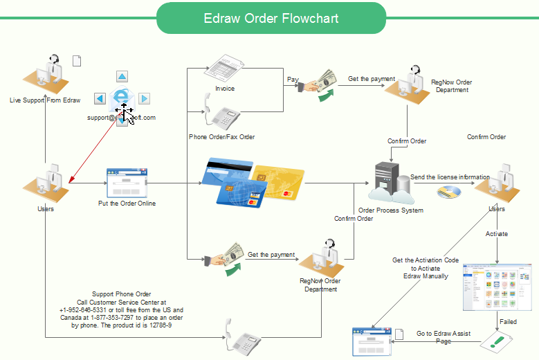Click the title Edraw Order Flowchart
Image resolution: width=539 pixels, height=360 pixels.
pos(271,18)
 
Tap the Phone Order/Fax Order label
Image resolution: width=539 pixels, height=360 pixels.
pos(221,137)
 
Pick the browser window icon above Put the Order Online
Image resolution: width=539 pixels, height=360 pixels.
pos(127,182)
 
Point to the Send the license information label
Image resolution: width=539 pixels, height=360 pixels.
pos(450,177)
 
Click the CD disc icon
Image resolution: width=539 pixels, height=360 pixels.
pos(448,194)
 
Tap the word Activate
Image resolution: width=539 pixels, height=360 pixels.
pos(496,234)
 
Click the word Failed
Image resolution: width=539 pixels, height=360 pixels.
pos(508,322)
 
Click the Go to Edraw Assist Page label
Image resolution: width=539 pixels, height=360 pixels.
pos(444,337)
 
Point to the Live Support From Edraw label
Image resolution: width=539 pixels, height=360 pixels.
pos(45,100)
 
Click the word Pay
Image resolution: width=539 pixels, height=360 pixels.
pos(293,80)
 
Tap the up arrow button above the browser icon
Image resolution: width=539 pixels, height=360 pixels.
pos(122,77)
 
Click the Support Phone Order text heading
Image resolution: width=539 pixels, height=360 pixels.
pos(121,294)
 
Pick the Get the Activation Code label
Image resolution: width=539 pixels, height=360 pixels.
pos(426,260)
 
